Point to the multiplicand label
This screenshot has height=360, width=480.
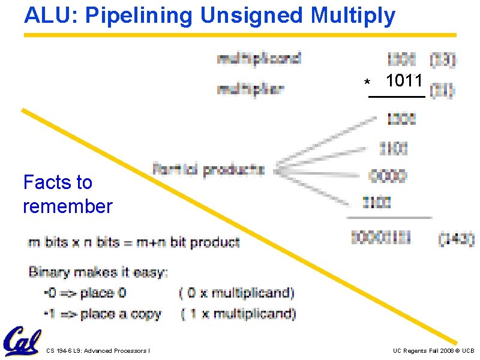[259, 59]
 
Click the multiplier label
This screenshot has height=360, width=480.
[250, 89]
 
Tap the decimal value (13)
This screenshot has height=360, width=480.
[443, 59]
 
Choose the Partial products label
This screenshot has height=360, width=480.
[208, 170]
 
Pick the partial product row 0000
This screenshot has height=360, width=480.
[388, 176]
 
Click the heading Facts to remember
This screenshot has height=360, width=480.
[67, 194]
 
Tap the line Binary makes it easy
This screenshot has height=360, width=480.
[98, 272]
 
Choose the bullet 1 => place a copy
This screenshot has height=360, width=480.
[102, 313]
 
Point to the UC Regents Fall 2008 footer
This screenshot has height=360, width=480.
[433, 350]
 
